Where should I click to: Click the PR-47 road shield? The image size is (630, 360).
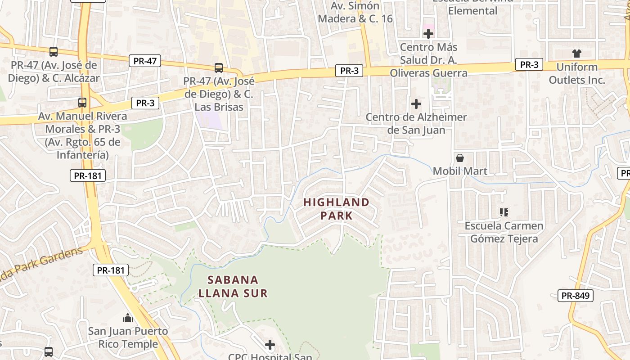point(145,61)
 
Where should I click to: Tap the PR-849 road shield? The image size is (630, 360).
point(576,296)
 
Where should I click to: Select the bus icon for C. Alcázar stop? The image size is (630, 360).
point(54,52)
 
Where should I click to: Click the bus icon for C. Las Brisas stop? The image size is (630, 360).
point(219,68)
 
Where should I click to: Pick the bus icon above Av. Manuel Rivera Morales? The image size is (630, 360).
point(82,103)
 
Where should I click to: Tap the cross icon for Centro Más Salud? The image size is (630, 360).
point(428,34)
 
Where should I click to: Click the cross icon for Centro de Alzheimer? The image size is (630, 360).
point(416,104)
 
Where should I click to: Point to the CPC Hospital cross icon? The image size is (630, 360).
point(270,345)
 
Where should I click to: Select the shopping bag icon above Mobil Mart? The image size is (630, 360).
point(460,158)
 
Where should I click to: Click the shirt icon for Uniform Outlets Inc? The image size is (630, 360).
point(577,54)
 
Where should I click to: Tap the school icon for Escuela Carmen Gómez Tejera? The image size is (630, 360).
point(504,212)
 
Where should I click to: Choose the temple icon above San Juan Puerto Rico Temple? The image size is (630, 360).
point(128,318)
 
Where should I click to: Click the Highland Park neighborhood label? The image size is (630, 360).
point(336,209)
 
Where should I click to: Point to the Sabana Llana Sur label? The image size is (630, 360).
point(233,287)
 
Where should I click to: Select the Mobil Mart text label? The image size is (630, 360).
point(460,171)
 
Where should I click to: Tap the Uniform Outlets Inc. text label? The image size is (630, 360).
point(577,74)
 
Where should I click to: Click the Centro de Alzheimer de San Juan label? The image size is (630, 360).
point(416,124)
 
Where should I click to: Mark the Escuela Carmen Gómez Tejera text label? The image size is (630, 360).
point(504,232)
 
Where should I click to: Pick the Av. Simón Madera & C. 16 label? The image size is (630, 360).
point(355,13)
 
